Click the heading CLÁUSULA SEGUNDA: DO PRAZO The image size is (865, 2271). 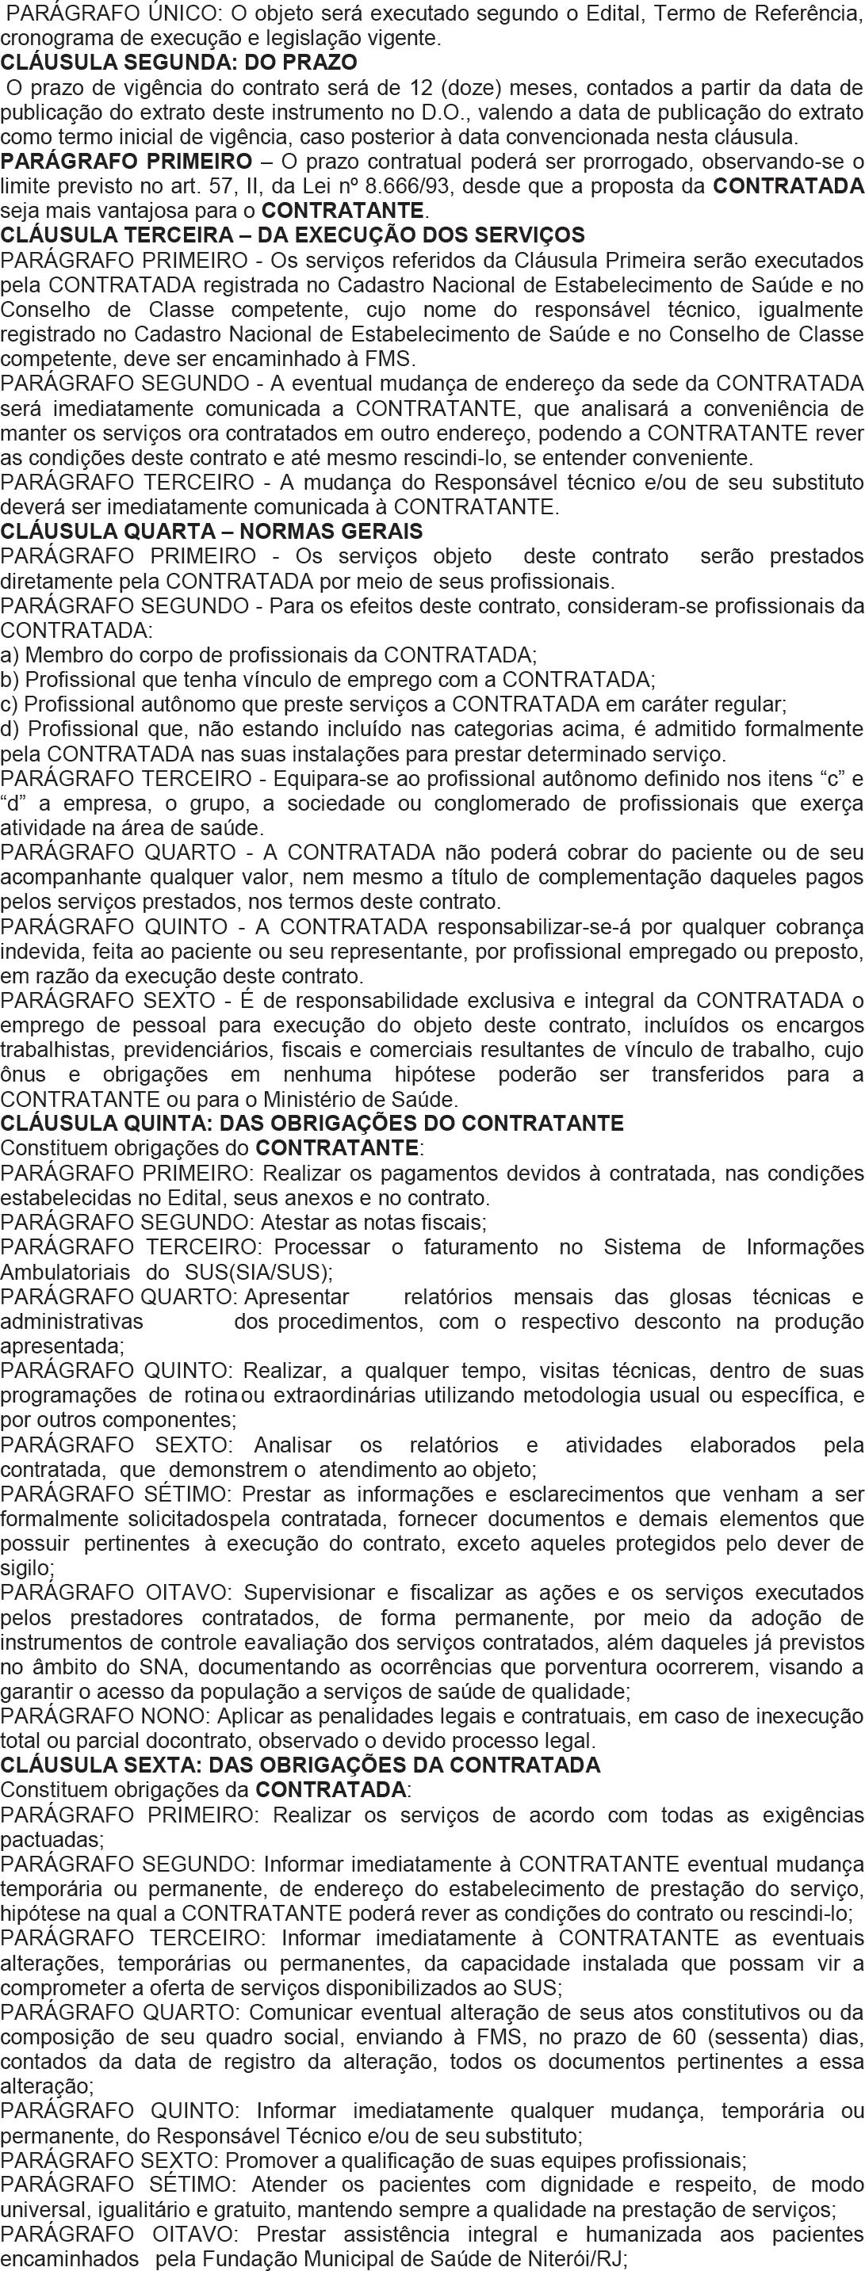pyautogui.click(x=179, y=63)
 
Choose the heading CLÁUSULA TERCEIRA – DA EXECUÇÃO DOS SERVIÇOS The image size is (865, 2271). pyautogui.click(x=292, y=235)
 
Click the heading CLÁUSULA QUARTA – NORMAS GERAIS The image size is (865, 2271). pyautogui.click(x=212, y=532)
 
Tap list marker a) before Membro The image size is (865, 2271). pyautogui.click(x=10, y=655)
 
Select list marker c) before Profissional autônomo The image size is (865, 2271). pyautogui.click(x=10, y=704)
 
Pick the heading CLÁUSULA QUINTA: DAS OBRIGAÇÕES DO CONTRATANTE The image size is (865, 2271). pyautogui.click(x=312, y=1124)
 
